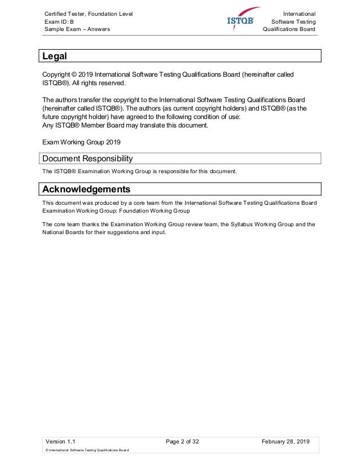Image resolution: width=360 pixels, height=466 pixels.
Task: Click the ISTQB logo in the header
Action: (x=243, y=20)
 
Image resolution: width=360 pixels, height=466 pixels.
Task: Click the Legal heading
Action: (x=55, y=56)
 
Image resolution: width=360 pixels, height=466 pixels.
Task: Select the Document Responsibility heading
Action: (x=87, y=159)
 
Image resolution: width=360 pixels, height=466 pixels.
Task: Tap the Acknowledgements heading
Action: (x=86, y=188)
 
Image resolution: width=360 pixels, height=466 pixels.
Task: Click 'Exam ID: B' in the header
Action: (x=59, y=21)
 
